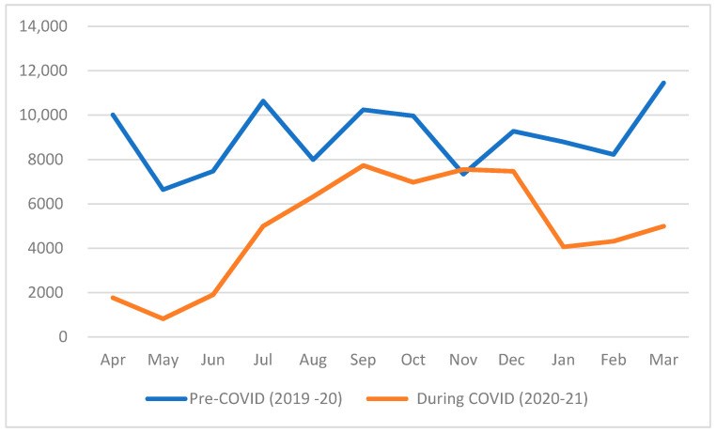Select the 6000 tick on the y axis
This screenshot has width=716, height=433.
pos(46,204)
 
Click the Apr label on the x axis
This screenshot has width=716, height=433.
pos(112,360)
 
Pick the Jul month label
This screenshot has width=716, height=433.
pos(263,360)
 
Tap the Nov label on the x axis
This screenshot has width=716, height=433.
pos(463,360)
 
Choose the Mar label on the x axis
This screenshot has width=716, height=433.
pos(664,360)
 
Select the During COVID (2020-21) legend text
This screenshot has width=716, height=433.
pos(495,399)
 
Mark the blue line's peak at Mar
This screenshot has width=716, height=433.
pos(664,83)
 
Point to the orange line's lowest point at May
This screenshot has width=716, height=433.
pos(163,318)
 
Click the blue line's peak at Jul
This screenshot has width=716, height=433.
pos(263,101)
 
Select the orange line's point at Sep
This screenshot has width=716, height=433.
pos(364,165)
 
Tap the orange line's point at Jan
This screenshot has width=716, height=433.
pos(564,247)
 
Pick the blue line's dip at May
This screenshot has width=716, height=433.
pos(163,190)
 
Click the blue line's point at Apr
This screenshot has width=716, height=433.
pos(112,115)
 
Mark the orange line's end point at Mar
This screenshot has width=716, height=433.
pos(664,225)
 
